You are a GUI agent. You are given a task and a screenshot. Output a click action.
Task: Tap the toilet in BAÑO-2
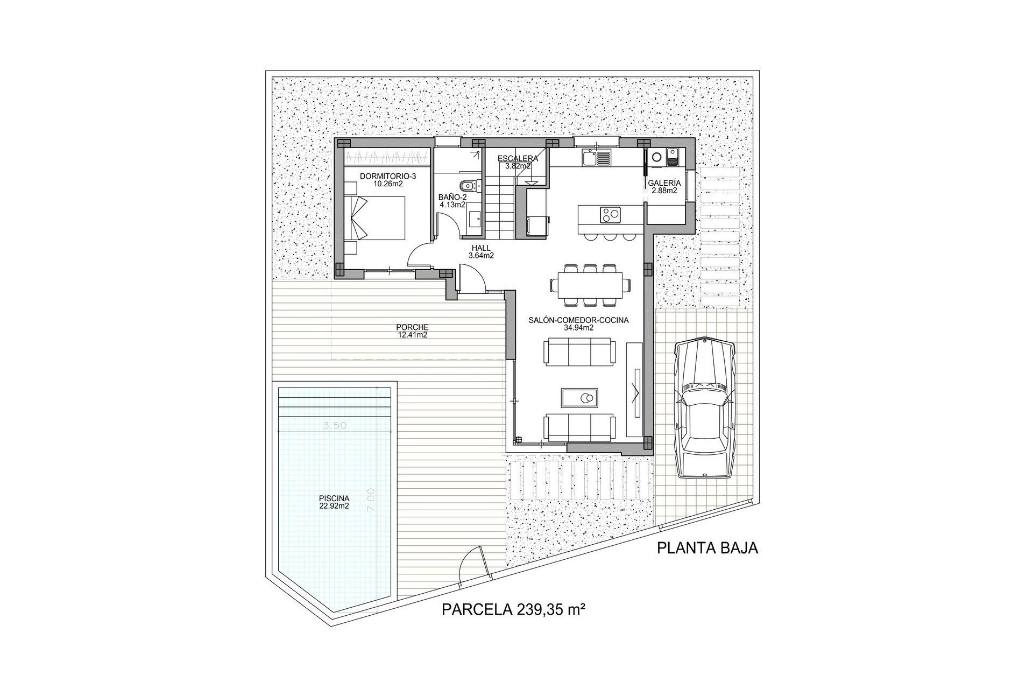tap(469, 186)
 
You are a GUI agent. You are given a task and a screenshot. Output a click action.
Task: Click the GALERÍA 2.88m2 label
tap(665, 186)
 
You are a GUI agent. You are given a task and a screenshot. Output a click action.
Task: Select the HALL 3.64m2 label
tap(481, 252)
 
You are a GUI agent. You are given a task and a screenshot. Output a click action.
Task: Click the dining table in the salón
tap(590, 284)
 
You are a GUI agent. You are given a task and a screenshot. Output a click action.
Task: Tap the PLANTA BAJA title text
tap(707, 548)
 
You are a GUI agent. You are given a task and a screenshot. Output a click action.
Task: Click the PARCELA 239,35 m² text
tap(513, 609)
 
